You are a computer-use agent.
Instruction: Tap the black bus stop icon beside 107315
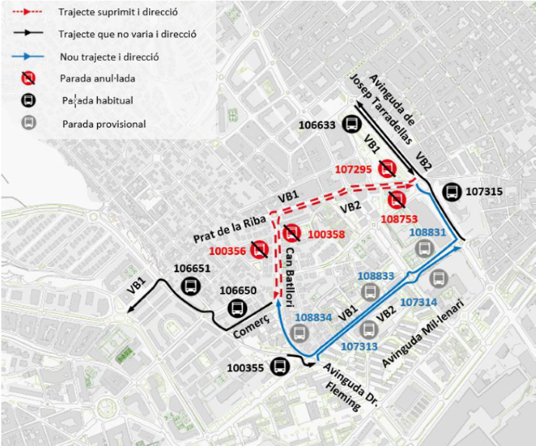point(451,192)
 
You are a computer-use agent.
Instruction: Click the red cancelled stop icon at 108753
point(397,200)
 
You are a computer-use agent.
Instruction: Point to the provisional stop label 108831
point(427,232)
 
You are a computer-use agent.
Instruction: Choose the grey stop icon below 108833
point(371,293)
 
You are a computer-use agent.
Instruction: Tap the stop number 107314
point(419,301)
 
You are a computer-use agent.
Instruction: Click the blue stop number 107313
point(359,346)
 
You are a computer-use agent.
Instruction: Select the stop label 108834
point(314,317)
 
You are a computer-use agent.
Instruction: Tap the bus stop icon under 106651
point(190,286)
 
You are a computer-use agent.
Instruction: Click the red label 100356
point(227,250)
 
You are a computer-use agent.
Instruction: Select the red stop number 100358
point(325,233)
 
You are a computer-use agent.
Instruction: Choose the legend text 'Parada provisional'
point(104,124)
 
